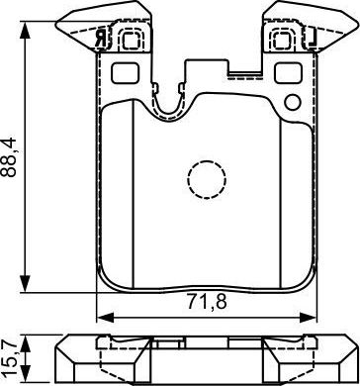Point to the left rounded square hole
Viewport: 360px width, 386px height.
point(126,73)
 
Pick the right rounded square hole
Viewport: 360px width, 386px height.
point(287,73)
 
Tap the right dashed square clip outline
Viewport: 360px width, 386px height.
point(286,38)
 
